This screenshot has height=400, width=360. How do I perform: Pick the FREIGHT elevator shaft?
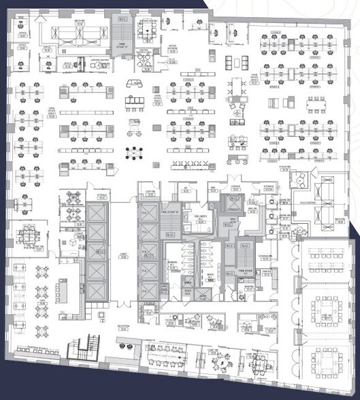pos(233,202)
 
